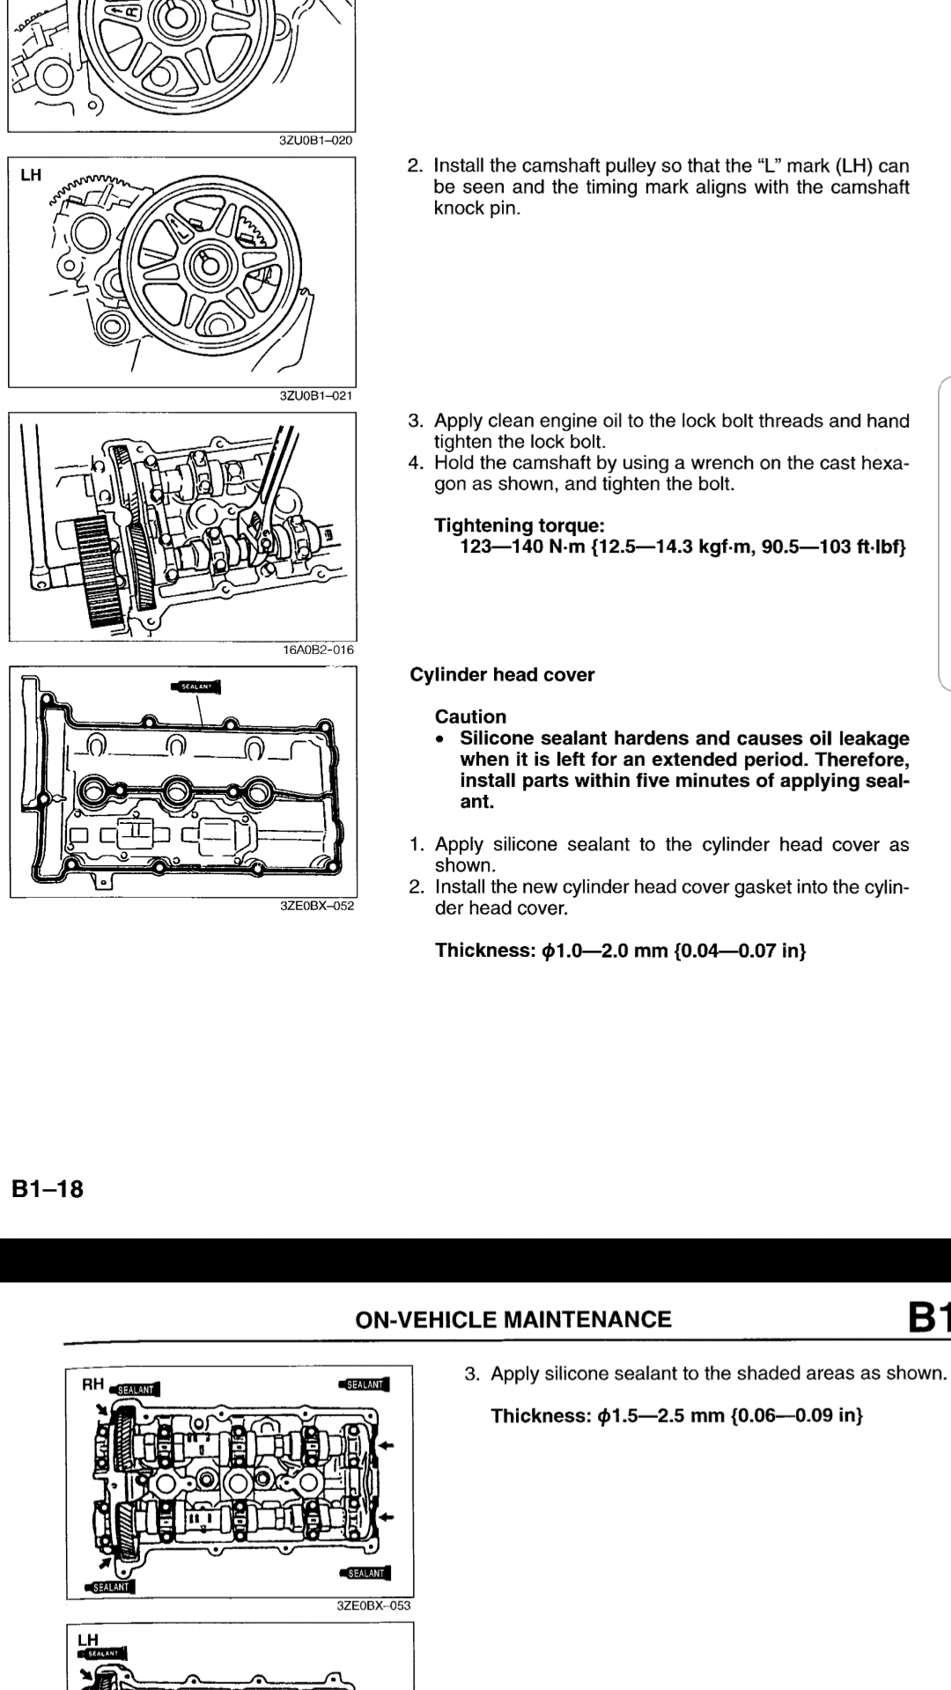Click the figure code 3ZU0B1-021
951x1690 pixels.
316,396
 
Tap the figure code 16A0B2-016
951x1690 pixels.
318,650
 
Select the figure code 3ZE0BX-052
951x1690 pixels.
317,906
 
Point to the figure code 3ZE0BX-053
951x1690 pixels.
373,1605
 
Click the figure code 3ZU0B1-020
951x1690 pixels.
316,141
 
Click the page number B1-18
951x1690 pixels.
48,1189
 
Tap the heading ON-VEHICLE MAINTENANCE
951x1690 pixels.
512,1319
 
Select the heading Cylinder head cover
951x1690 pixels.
502,675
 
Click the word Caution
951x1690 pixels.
470,716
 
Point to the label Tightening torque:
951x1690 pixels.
520,525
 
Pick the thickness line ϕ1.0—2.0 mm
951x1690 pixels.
620,951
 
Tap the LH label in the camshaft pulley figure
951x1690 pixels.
31,175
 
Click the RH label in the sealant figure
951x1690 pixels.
92,1385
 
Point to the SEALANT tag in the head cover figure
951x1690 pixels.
195,687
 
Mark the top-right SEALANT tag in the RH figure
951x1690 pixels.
364,1385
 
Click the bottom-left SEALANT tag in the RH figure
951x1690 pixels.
109,1587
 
